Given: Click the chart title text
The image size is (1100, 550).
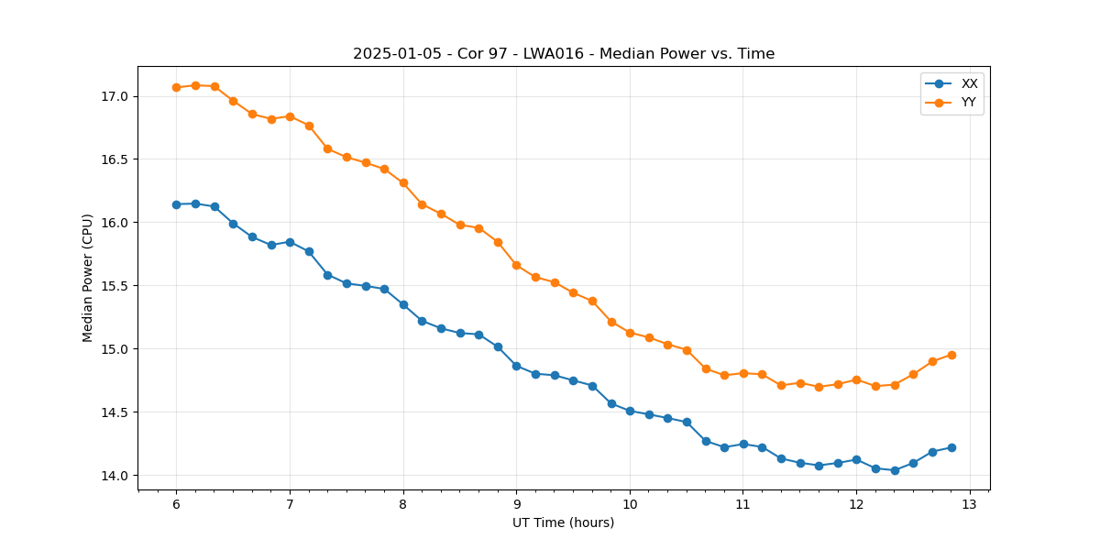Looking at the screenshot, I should click(x=564, y=54).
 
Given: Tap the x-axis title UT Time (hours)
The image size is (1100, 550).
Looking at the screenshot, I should click(x=563, y=522).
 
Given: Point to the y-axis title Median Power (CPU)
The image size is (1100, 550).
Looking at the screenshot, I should click(x=88, y=278).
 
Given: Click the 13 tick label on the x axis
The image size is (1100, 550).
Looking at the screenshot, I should click(x=970, y=505).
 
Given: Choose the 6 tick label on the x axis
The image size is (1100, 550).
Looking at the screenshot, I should click(x=176, y=505).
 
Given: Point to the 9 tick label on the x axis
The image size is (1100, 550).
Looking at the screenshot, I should click(x=516, y=505).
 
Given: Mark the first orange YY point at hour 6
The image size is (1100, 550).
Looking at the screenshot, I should click(x=176, y=87).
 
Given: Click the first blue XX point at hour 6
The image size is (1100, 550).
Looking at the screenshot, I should click(x=176, y=204).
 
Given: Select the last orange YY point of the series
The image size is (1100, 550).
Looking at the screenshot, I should click(x=951, y=355).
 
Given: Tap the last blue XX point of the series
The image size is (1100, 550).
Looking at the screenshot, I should click(x=951, y=447).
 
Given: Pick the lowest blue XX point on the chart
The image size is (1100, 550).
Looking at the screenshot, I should click(x=895, y=470).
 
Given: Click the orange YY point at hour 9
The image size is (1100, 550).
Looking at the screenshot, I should click(x=516, y=265).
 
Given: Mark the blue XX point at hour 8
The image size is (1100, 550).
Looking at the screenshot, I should click(x=403, y=304).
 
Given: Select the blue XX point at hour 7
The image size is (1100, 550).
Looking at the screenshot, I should click(x=290, y=242).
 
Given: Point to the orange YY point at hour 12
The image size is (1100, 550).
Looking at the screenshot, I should click(x=856, y=379).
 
